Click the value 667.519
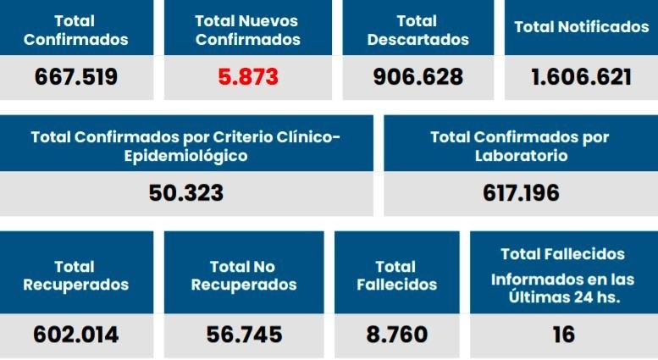pos(76,77)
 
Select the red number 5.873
pos(248,77)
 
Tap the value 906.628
pos(417,77)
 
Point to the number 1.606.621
pos(581,77)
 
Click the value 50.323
pos(186,193)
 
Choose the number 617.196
pos(521,193)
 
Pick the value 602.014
pos(76,335)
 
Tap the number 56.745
pos(244,335)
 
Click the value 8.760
pos(397,335)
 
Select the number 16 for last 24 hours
pos(563,335)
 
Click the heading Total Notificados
pos(581,27)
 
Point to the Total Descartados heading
pos(417,30)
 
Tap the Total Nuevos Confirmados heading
pos(248,30)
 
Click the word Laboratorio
pos(521,156)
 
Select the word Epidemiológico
pos(186,156)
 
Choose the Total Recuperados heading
pos(76,275)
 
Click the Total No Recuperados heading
pos(244,275)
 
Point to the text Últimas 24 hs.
pos(564,297)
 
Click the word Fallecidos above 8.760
pos(397,285)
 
